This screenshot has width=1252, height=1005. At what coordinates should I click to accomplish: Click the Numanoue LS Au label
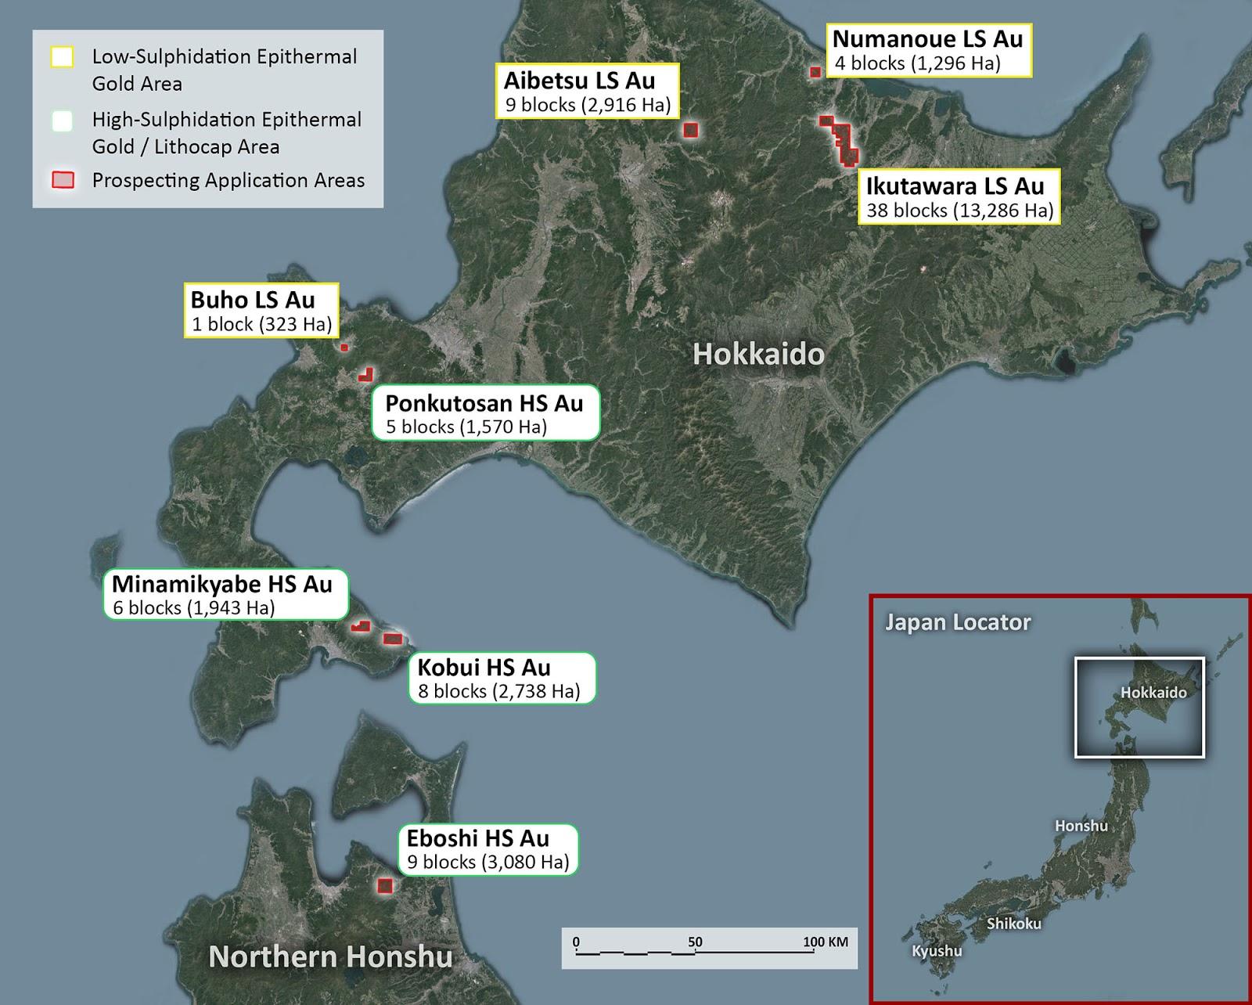click(928, 50)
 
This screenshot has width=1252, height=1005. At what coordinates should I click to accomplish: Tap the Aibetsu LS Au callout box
click(588, 91)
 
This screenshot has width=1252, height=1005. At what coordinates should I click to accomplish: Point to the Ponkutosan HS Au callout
click(484, 413)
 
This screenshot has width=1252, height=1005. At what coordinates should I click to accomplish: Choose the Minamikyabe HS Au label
click(225, 594)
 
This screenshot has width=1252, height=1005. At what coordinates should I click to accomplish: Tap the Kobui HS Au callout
click(501, 678)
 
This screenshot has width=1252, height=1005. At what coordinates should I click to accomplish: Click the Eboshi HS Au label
click(487, 849)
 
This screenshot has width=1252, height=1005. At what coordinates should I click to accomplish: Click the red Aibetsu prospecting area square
click(690, 130)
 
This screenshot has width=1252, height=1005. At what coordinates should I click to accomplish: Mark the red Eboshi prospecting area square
click(384, 885)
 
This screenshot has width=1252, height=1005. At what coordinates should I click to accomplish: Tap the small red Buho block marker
click(344, 347)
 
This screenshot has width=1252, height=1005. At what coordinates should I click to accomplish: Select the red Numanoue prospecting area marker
click(815, 72)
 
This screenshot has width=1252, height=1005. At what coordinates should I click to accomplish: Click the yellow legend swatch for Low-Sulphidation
click(62, 57)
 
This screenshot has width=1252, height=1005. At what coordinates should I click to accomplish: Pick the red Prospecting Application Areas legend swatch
click(63, 180)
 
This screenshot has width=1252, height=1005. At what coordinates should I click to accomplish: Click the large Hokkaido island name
click(758, 355)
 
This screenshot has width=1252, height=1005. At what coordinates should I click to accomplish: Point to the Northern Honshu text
click(330, 956)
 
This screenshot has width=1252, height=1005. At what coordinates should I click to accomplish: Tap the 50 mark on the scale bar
click(695, 942)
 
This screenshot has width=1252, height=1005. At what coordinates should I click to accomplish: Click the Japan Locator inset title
click(958, 623)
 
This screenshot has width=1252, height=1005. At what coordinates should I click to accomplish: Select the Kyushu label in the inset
click(937, 951)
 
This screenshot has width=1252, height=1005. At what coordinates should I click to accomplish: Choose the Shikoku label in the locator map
click(1013, 924)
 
